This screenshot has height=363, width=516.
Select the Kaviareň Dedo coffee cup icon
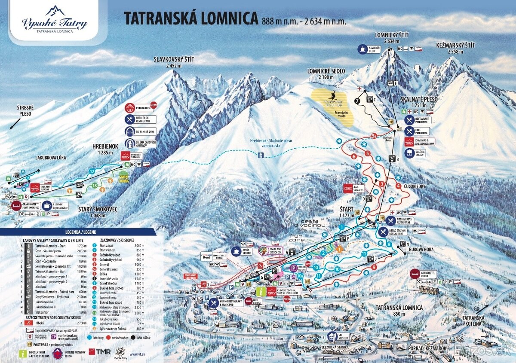point(362,49)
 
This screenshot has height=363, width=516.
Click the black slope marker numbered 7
point(356,101)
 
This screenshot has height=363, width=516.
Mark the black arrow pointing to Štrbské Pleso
point(15,124)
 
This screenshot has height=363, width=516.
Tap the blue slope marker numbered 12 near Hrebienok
point(92,171)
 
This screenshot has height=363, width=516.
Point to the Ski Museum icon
point(332,336)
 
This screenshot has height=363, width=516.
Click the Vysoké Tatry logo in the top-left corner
point(55,19)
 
